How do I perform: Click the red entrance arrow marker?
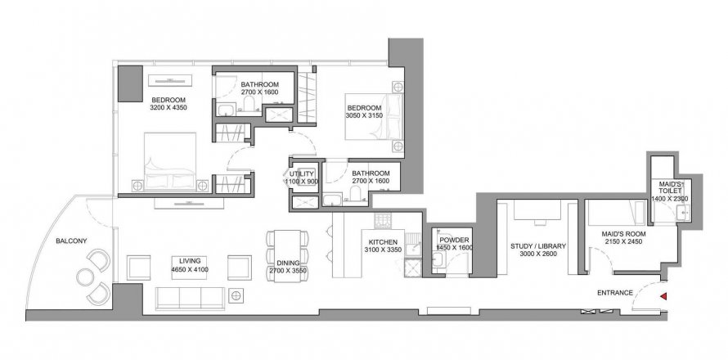(x=664, y=296)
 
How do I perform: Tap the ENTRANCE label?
(x=615, y=293)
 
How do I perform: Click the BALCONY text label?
(x=71, y=241)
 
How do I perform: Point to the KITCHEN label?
(x=383, y=242)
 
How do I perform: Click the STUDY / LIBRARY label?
(x=538, y=246)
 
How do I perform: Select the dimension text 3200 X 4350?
(x=168, y=108)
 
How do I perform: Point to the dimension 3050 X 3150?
(x=364, y=115)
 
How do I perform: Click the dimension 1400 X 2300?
(x=669, y=199)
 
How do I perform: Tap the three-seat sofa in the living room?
(x=190, y=298)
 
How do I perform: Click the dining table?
(x=287, y=254)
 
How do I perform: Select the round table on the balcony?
(x=85, y=277)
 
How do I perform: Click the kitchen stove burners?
(x=383, y=221)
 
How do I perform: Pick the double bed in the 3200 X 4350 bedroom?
(x=170, y=161)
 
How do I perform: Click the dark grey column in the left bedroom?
(x=130, y=83)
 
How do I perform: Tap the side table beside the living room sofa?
(x=236, y=295)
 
